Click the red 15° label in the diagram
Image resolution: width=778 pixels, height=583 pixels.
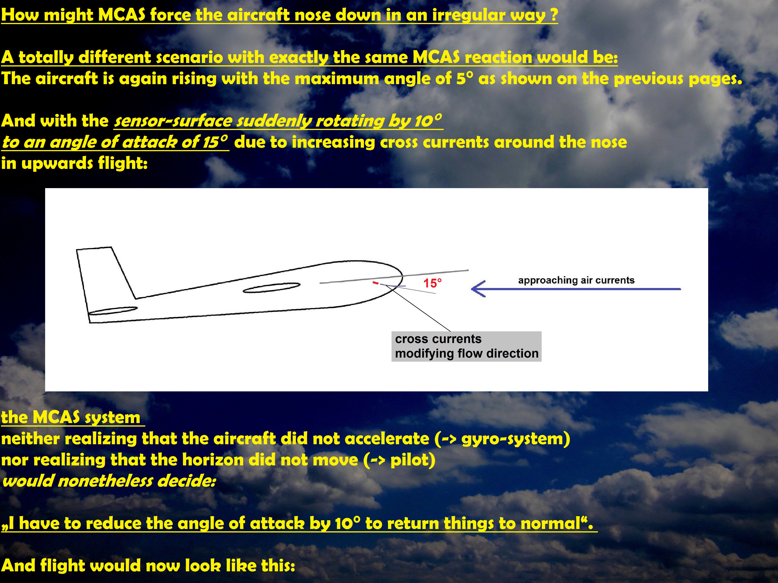tap(432, 283)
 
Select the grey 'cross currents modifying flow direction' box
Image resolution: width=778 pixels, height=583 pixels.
tap(466, 346)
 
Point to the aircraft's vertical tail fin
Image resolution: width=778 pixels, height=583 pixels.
tap(105, 272)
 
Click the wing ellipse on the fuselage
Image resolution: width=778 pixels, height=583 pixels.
tap(272, 287)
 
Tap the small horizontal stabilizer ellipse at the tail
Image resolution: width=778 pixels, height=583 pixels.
tap(113, 311)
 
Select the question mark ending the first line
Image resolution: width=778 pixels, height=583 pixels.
tap(554, 15)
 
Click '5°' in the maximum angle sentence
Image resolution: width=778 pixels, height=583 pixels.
tap(465, 78)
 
